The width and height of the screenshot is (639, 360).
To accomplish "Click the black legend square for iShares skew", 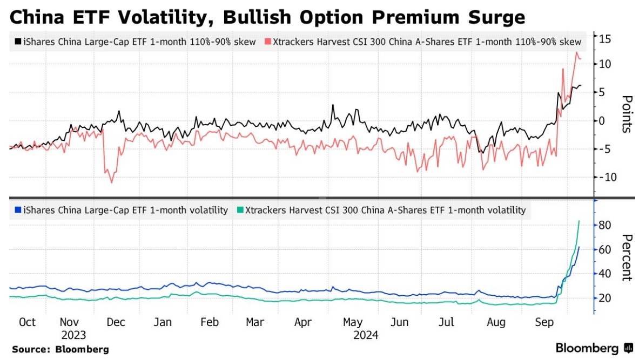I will [x=18, y=42].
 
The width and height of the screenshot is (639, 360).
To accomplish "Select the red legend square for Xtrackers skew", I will [x=268, y=42].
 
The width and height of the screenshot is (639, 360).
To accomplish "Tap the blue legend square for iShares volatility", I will [x=18, y=210].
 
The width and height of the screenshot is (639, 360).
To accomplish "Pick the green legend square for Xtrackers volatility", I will [x=240, y=210].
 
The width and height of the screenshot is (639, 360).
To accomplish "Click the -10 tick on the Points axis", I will [x=604, y=177].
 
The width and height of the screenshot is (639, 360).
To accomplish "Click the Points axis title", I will [x=627, y=114].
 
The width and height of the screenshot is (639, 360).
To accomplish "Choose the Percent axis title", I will [x=627, y=257].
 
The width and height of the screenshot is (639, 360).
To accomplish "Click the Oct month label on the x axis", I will [x=27, y=322].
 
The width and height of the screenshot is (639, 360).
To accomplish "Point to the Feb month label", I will [x=209, y=322].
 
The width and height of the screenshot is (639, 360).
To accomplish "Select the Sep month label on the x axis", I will [x=543, y=322].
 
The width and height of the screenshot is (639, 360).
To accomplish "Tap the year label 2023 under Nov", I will [x=73, y=335].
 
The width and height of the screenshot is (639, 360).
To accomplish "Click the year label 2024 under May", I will [x=366, y=335].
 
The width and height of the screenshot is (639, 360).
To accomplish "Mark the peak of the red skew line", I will [x=576, y=52].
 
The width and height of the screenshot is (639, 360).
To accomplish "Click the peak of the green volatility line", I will [x=579, y=221].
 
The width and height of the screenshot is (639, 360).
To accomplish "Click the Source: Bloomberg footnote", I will [x=60, y=349].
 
